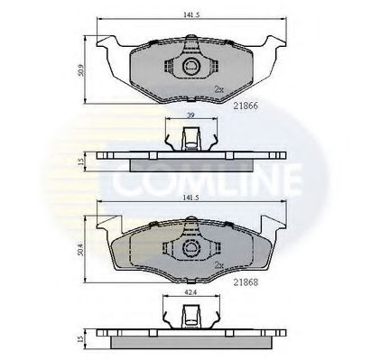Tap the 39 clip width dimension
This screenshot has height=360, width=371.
coord(189,117)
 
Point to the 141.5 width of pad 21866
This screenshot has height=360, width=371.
coord(188,14)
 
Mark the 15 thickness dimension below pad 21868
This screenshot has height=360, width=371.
coord(81,338)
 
